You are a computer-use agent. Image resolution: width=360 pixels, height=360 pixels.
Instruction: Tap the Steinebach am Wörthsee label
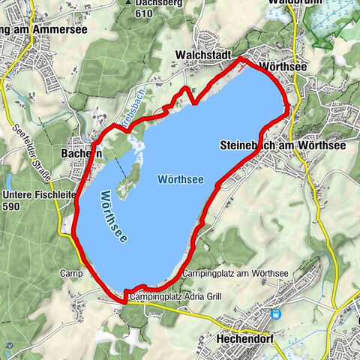pyautogui.click(x=283, y=145)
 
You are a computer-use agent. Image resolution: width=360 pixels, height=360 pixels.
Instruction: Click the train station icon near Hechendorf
pyautogui.click(x=277, y=315)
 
